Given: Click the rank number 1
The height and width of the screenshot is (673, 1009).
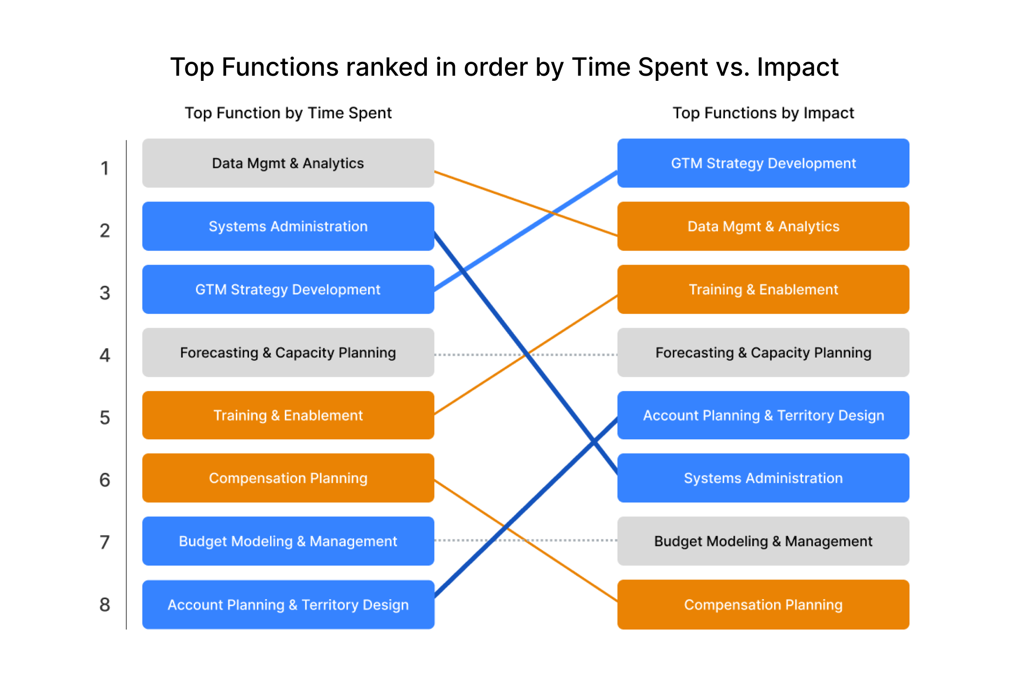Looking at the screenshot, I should point(105,168).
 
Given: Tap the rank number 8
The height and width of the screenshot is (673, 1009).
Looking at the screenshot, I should point(105,605).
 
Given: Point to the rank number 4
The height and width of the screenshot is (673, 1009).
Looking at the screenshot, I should point(105,355).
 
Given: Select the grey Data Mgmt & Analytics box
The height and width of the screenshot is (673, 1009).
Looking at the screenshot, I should point(288,163).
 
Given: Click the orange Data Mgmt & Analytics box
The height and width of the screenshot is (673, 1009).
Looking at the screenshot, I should point(763,226).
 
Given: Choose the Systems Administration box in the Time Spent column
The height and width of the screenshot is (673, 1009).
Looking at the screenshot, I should point(288,226).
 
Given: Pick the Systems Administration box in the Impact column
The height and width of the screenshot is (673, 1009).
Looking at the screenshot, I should point(763,478).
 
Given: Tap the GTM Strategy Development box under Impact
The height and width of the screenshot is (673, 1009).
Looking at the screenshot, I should point(763,163).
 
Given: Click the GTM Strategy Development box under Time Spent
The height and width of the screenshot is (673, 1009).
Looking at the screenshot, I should point(288,289).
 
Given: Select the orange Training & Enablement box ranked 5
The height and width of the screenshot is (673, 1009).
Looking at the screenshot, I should point(288,415).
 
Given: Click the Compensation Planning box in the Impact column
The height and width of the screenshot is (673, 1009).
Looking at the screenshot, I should point(763,605).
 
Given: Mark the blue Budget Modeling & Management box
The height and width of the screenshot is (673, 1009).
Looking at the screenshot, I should point(288,541).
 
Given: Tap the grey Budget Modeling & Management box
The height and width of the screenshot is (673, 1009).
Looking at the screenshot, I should point(763,541).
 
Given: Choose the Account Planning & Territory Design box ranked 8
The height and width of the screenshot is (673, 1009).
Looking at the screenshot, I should point(288,605).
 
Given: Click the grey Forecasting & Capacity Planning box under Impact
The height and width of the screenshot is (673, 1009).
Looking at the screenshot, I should point(763,352).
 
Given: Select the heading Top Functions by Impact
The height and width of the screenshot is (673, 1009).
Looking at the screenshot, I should point(763,113).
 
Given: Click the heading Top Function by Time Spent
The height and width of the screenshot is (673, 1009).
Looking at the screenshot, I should point(288,113).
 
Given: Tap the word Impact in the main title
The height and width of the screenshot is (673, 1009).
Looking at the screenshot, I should point(797,67).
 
